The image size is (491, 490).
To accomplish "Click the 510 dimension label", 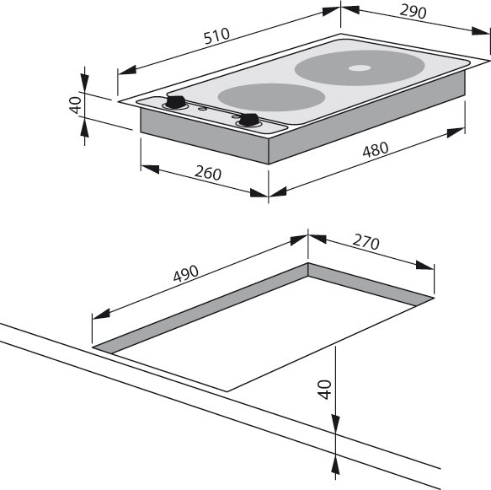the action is click(x=216, y=36).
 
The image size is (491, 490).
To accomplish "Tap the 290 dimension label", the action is click(x=413, y=12).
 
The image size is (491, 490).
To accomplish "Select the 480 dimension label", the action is click(x=376, y=149).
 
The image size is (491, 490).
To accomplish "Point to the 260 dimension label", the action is click(x=208, y=173).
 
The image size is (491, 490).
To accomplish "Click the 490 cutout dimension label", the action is click(x=186, y=273).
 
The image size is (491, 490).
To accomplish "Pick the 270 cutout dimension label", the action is click(x=366, y=242).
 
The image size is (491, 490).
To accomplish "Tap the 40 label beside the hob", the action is click(x=76, y=105).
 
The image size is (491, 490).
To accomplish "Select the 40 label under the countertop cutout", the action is click(x=324, y=390).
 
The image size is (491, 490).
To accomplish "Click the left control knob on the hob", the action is click(x=175, y=102).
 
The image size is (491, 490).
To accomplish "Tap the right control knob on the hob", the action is click(x=248, y=120).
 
